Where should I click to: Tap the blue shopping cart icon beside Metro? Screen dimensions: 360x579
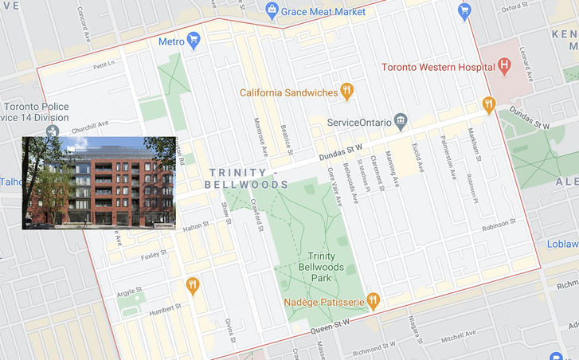(x=193, y=41)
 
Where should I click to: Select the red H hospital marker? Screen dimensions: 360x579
(x=503, y=66)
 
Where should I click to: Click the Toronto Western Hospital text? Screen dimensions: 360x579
(x=436, y=67)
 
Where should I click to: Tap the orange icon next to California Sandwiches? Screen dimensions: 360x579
(x=346, y=92)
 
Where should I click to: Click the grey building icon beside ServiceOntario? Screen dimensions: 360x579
(x=401, y=122)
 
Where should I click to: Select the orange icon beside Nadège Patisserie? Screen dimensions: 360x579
(x=372, y=302)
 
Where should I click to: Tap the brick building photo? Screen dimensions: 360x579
(x=99, y=183)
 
